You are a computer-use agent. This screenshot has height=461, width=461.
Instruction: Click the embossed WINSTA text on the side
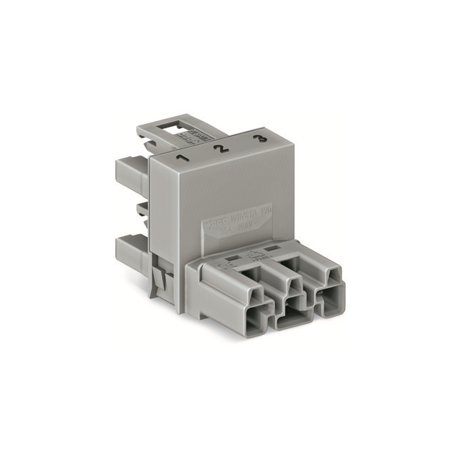pos(248,214)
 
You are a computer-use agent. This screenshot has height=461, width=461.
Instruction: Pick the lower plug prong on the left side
pos(131,253)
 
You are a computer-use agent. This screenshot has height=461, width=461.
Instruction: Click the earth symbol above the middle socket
pos(255,254)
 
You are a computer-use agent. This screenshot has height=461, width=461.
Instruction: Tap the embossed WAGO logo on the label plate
pos(217,221)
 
